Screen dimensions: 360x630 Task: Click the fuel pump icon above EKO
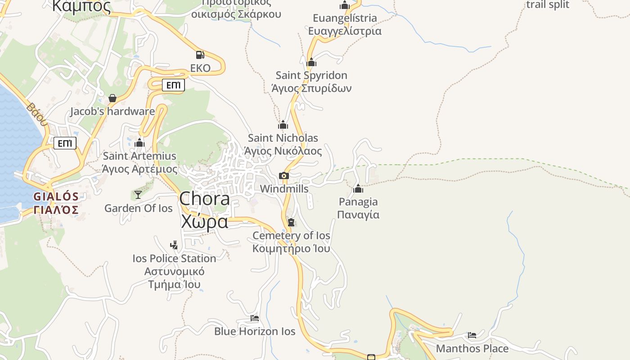pos(200,55)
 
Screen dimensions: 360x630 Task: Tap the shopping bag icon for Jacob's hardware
pos(112,98)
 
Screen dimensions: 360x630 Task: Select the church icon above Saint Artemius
pos(139,143)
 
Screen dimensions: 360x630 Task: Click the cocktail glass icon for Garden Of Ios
pos(138,194)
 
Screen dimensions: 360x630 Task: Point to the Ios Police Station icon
pos(174,245)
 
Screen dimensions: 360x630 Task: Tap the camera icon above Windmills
pos(283,175)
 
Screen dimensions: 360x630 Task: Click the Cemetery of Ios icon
pos(291,222)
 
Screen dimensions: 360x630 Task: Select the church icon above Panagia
pos(358,189)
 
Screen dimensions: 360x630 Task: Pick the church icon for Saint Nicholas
pos(283,125)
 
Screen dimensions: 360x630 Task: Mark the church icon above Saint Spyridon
pos(311,62)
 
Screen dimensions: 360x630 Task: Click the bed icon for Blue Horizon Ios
pos(255,318)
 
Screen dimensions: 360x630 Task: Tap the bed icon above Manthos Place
pos(472,335)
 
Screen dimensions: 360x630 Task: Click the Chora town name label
pos(205,198)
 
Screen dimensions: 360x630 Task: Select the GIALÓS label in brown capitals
pos(56,197)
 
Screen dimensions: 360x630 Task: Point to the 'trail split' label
pos(548,5)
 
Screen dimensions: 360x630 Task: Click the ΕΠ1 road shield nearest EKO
pos(173,85)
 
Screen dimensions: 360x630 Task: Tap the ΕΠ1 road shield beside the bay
pos(65,144)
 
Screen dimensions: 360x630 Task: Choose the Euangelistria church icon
pos(345,5)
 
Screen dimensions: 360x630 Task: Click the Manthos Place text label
pos(472,348)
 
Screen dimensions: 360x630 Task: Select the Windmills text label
pos(284,189)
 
